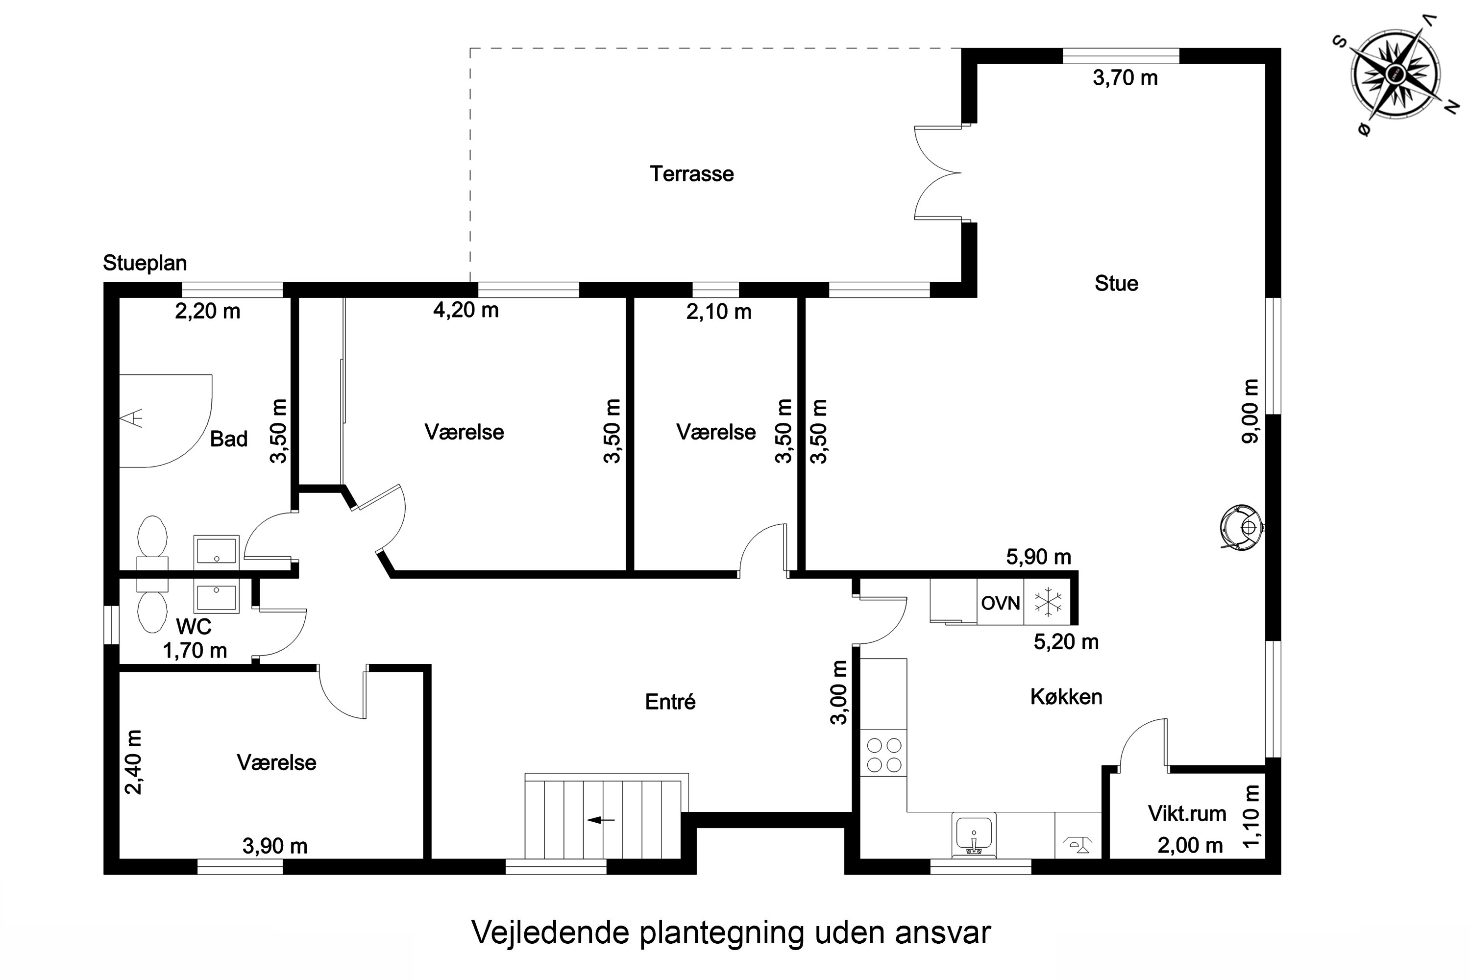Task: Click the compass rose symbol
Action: point(1395,74)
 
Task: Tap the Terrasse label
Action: point(691,174)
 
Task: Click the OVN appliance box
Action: point(1000,603)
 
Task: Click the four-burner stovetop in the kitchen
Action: point(884,755)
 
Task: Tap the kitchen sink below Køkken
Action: point(974,835)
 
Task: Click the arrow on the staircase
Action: point(601,820)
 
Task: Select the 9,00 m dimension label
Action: point(1250,411)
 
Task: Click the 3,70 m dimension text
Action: point(1125,78)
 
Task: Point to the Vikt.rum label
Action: point(1187,814)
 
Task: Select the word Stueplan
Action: point(145,263)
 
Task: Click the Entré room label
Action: point(670,702)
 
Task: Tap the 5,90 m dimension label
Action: point(1038,557)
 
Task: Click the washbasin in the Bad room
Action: point(216,552)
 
